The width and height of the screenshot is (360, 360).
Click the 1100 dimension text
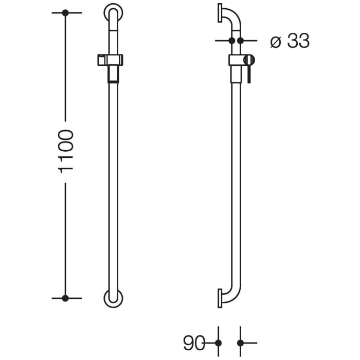67,151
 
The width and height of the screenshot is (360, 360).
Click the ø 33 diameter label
290,41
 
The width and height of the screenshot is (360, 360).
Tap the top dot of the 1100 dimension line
65,12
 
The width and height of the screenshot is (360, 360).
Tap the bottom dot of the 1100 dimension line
65,298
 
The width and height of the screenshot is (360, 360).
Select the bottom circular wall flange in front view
113,298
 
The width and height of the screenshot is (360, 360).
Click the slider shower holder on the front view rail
110,60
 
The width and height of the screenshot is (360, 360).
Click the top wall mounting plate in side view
220,13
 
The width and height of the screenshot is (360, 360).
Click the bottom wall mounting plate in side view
220,298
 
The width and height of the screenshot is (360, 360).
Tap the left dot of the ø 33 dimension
231,40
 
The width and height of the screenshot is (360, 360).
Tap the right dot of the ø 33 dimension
240,40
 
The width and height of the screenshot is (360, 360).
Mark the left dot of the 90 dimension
218,343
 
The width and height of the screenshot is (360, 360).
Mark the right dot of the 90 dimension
240,343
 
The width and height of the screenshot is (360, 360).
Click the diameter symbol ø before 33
275,42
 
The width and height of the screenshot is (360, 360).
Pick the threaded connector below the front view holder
113,75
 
